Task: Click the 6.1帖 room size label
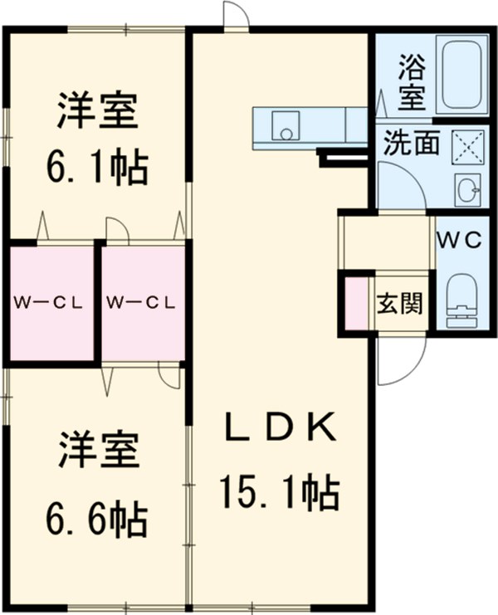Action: (x=97, y=168)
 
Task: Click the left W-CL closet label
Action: (x=47, y=303)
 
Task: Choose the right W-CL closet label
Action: (x=141, y=303)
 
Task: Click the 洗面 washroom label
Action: (x=410, y=144)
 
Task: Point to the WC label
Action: (x=460, y=240)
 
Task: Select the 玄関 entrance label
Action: (x=399, y=303)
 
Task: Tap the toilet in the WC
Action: (x=462, y=303)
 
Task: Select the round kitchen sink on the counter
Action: (x=287, y=130)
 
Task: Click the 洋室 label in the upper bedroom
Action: (x=97, y=114)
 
